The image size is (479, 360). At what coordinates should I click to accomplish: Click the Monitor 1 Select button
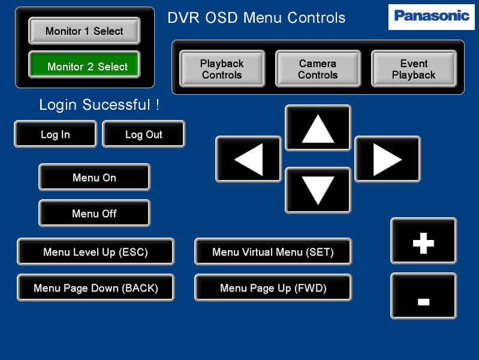[85, 31]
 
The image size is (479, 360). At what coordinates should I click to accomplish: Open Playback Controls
[222, 69]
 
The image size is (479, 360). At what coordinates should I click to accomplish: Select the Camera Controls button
[318, 69]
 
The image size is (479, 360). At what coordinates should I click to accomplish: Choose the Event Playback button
[414, 69]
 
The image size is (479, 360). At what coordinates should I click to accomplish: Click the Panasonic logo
[432, 17]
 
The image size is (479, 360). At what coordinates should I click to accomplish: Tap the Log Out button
[143, 134]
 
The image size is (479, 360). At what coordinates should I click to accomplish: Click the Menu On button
[94, 178]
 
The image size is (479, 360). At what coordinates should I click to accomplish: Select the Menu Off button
[94, 213]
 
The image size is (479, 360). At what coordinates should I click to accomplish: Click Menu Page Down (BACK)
[95, 288]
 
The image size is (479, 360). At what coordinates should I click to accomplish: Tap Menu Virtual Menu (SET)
[273, 252]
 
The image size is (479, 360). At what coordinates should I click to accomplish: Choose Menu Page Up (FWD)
[273, 288]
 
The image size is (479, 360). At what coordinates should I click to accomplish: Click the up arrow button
[318, 128]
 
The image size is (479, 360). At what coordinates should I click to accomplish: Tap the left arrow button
[248, 160]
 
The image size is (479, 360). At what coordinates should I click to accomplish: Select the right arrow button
[388, 160]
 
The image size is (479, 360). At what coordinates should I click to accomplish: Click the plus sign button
[424, 241]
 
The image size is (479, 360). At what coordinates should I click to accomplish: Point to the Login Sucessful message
[100, 105]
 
